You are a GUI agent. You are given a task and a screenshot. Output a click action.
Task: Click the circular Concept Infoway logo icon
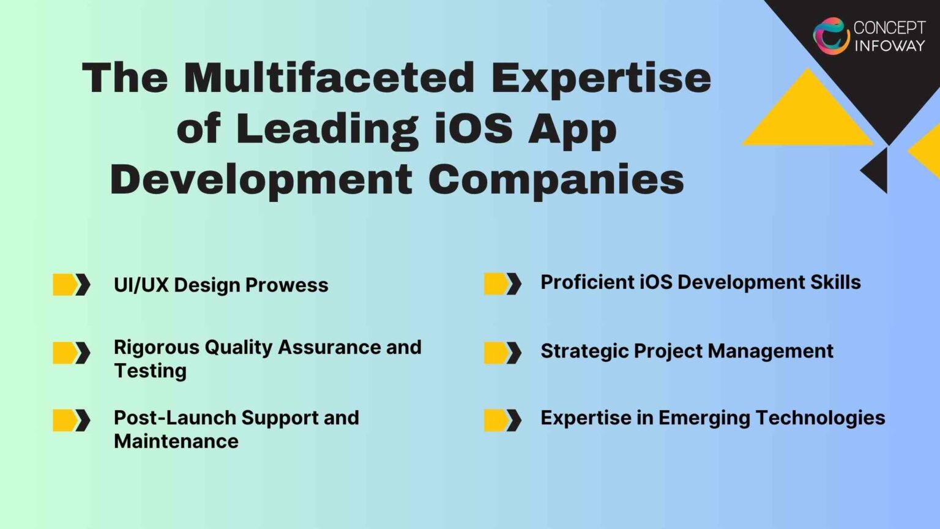pos(831,36)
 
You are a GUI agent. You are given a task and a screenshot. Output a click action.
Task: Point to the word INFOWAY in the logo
pos(889,45)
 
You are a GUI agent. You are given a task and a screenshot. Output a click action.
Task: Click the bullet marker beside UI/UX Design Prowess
pos(71,285)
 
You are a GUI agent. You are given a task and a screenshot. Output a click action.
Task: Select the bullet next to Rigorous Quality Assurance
pos(71,353)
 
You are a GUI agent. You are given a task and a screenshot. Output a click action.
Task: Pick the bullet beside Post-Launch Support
pos(71,420)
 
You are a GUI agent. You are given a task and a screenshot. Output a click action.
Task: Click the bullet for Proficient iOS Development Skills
pos(502,283)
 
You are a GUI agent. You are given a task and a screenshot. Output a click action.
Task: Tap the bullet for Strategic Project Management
pos(502,353)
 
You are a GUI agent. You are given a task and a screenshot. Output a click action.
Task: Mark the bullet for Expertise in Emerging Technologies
pos(502,420)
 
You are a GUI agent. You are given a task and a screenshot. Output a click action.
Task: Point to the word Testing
pos(150,370)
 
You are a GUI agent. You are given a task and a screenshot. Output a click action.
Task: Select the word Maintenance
pos(176,441)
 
